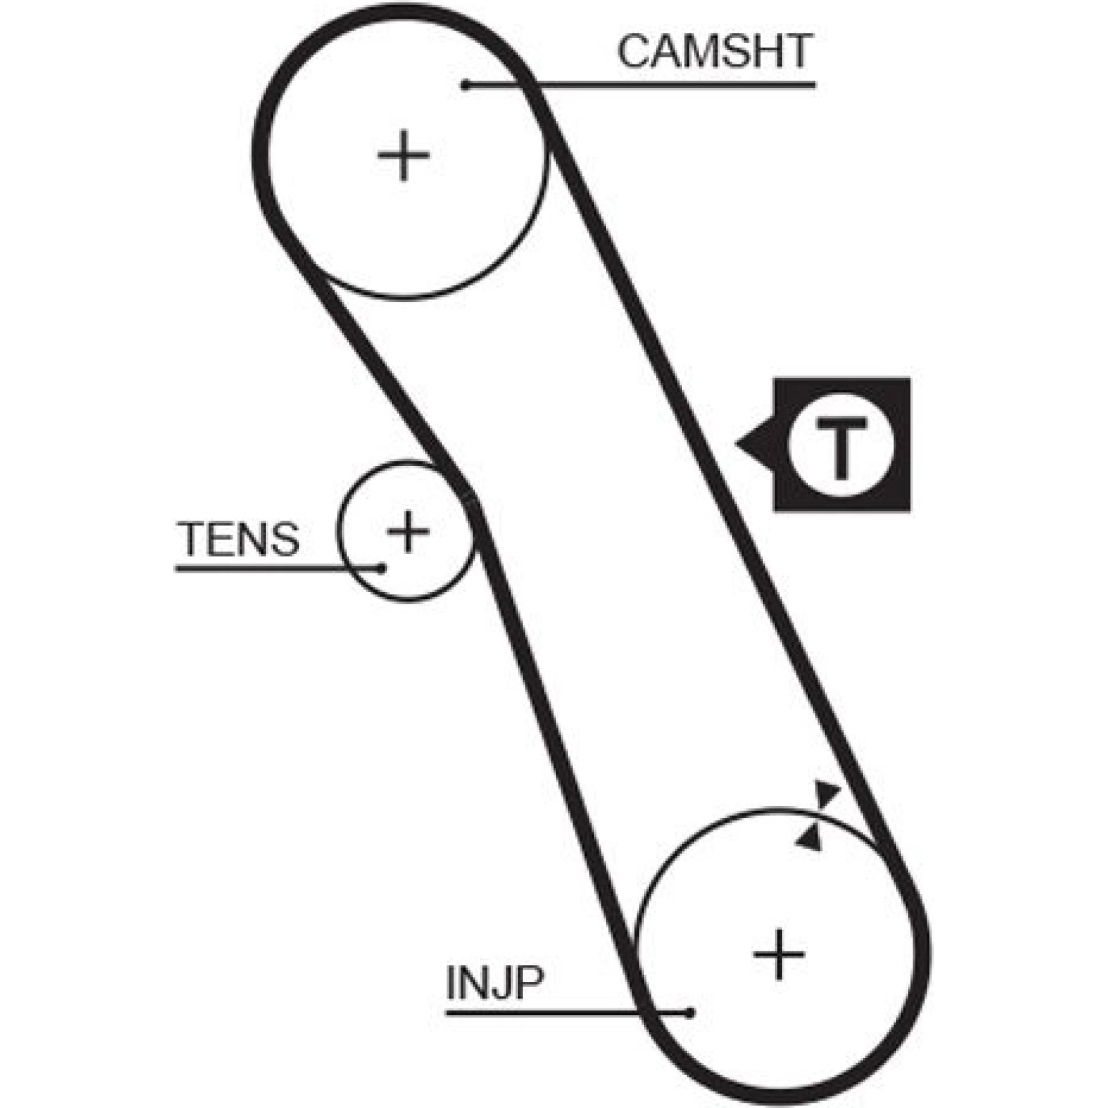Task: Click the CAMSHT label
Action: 715,51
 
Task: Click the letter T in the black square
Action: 841,448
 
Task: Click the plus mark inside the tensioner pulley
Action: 408,531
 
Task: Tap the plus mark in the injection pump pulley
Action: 780,954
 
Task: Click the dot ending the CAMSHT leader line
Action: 466,85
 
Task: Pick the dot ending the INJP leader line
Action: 690,1013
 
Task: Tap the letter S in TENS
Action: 285,539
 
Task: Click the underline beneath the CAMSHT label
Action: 641,85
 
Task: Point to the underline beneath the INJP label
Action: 568,1013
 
